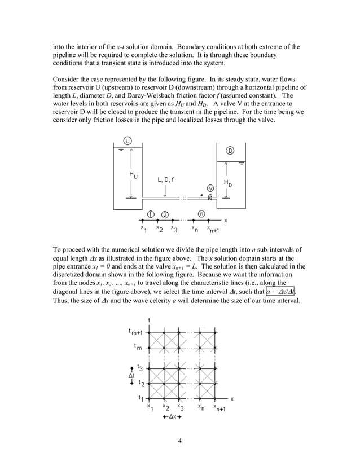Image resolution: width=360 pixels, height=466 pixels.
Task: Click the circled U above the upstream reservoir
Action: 128,140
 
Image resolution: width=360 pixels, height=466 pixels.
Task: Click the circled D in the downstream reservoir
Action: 230,150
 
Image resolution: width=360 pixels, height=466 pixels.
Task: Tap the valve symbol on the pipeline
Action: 210,197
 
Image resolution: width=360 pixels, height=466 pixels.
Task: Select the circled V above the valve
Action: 210,187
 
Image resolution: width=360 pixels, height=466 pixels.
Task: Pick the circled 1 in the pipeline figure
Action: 151,213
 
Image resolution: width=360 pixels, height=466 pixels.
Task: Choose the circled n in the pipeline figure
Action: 201,213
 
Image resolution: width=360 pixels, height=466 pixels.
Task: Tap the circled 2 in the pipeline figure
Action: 165,213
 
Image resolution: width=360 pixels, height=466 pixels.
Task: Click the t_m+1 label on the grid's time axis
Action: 136,332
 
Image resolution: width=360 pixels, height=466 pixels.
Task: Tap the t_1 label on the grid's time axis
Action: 141,398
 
